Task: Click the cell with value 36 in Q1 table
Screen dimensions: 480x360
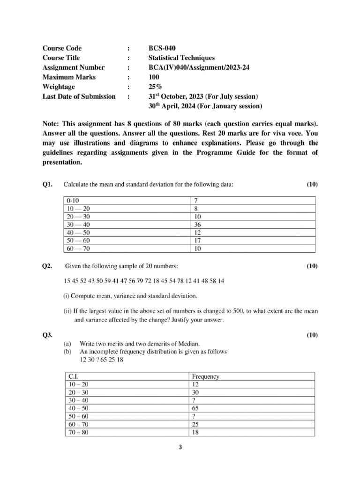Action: pyautogui.click(x=197, y=225)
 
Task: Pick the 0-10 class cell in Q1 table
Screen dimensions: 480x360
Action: pyautogui.click(x=73, y=200)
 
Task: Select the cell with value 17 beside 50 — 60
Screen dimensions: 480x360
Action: pyautogui.click(x=197, y=241)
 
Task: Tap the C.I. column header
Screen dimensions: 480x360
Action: pyautogui.click(x=74, y=376)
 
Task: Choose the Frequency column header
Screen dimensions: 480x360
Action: pyautogui.click(x=206, y=376)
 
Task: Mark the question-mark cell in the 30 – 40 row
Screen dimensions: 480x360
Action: pyautogui.click(x=195, y=400)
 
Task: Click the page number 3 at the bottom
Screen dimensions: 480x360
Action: pyautogui.click(x=180, y=447)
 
